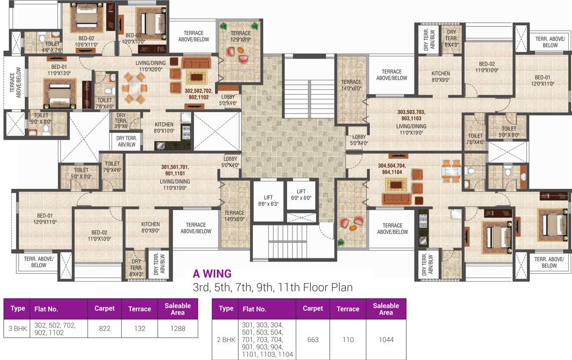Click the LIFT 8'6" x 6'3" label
[x=268, y=201]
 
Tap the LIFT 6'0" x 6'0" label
[x=301, y=195]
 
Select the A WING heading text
[x=212, y=273]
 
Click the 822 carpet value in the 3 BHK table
[x=104, y=329]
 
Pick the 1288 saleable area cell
[x=178, y=329]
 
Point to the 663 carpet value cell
[x=312, y=339]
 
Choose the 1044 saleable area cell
[x=386, y=339]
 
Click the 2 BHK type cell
[x=225, y=339]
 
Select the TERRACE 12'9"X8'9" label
[x=240, y=37]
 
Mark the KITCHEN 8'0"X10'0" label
[x=164, y=127]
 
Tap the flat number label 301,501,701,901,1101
[x=175, y=170]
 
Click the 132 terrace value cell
[x=140, y=329]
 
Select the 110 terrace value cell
[x=348, y=339]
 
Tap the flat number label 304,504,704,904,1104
[x=392, y=168]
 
